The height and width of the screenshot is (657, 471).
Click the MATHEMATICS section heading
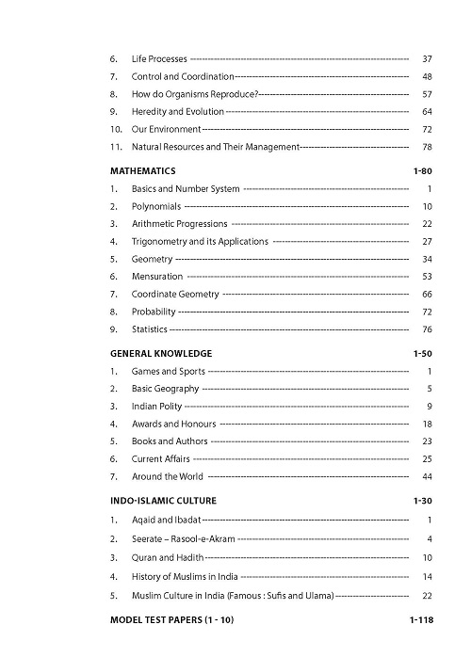(143, 172)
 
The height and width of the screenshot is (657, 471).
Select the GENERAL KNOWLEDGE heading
(161, 354)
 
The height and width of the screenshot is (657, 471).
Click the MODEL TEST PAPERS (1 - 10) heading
(172, 620)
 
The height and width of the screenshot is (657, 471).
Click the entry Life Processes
(159, 59)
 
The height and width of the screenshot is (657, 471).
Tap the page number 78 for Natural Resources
(426, 147)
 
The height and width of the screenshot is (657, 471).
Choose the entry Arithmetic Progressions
(180, 224)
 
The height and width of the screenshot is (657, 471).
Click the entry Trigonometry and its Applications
(200, 242)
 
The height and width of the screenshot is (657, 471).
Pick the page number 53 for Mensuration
(426, 277)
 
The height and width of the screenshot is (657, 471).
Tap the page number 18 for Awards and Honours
(426, 424)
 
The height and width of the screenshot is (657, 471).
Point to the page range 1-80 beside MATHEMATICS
(422, 172)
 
